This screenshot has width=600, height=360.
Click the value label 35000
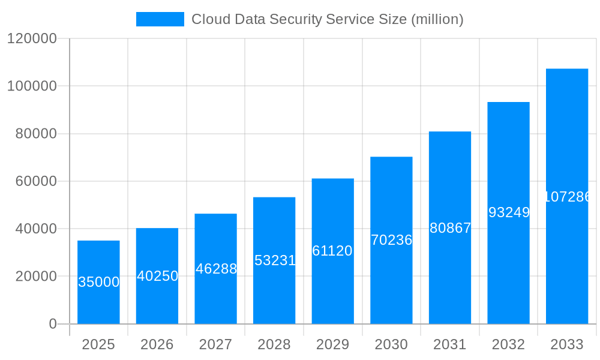click(99, 282)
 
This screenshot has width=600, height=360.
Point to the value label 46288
click(216, 269)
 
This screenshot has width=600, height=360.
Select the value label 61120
click(332, 251)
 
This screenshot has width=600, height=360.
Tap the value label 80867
click(450, 228)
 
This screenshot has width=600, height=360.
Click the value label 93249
click(509, 212)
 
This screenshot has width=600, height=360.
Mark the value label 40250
click(157, 276)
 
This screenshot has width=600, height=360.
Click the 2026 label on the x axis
click(157, 344)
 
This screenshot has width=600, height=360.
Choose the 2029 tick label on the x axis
click(332, 344)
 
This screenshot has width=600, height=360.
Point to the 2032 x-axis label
click(508, 344)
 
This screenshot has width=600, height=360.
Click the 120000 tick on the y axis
click(32, 38)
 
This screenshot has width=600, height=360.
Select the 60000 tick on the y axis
click(35, 181)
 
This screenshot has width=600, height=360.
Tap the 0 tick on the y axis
click(52, 324)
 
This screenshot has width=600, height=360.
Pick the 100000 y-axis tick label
click(32, 86)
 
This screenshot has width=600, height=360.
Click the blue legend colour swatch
click(160, 19)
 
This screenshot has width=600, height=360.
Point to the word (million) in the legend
click(437, 19)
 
